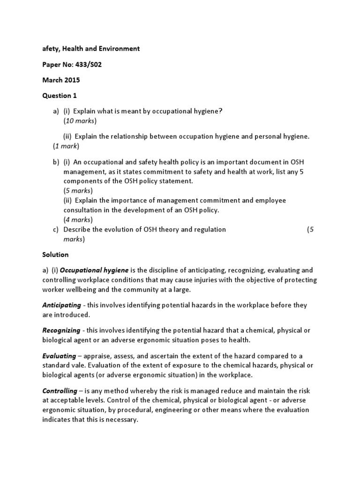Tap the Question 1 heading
click(x=60, y=96)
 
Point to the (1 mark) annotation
click(x=66, y=146)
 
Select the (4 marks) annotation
click(x=78, y=219)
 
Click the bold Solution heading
click(x=55, y=255)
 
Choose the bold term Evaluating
click(x=59, y=356)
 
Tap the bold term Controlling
click(x=60, y=391)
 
